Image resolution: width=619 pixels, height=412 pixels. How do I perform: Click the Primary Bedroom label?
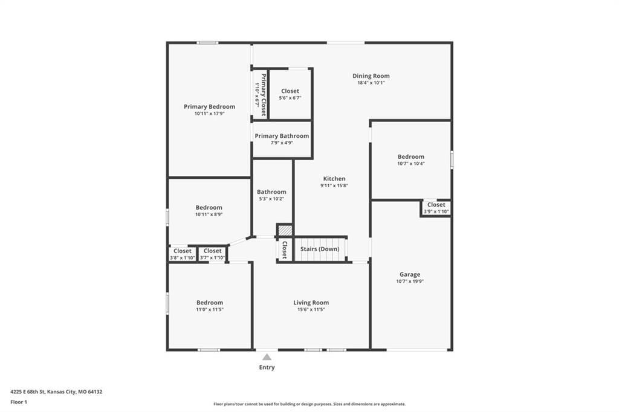(209, 106)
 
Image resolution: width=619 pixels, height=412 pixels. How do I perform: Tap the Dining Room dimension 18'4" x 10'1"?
(371, 83)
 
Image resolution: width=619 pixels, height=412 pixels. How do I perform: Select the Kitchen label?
(334, 179)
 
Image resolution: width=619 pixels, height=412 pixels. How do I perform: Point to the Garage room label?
(410, 274)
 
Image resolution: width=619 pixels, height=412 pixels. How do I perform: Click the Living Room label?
(311, 303)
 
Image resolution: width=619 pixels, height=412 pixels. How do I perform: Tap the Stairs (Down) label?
(320, 249)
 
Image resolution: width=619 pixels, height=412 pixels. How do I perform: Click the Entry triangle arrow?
(267, 357)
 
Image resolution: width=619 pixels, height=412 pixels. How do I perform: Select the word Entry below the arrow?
(267, 367)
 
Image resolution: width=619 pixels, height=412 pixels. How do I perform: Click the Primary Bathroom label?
(282, 136)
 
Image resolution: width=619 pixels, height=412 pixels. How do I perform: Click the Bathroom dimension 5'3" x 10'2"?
(271, 199)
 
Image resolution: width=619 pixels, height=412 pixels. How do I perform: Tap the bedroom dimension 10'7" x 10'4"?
(411, 163)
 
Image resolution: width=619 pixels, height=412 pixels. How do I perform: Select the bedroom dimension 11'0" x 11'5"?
(210, 310)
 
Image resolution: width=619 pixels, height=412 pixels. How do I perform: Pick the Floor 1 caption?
(19, 402)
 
